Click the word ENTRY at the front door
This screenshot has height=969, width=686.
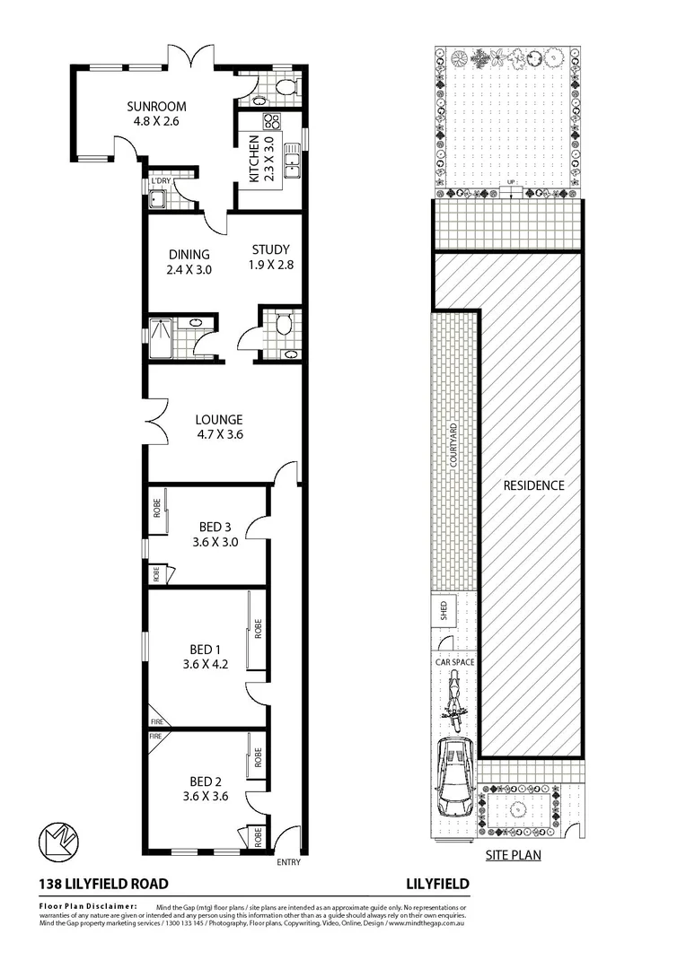click(290, 863)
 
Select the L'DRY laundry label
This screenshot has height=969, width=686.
click(161, 181)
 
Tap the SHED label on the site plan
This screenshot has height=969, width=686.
click(444, 612)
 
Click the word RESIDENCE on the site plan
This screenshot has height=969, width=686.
click(533, 485)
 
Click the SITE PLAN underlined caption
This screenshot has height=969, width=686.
click(513, 855)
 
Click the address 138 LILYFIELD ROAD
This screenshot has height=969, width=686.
click(103, 884)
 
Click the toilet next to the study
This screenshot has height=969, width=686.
click(285, 323)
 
